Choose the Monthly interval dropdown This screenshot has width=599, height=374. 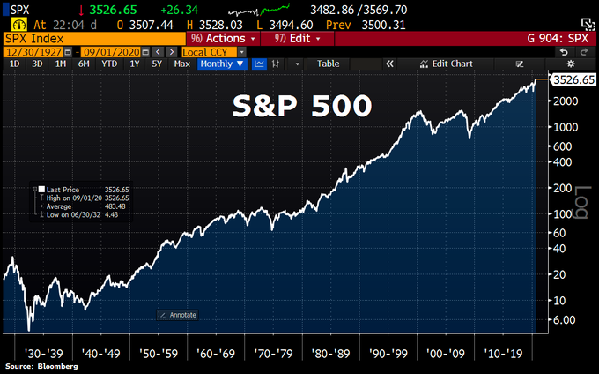tap(221, 64)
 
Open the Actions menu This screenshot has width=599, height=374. tap(225, 40)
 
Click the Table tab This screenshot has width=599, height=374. tap(328, 64)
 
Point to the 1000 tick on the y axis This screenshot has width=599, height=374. tap(564, 126)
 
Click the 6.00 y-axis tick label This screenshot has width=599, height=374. tap(564, 320)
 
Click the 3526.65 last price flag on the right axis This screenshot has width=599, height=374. tap(573, 80)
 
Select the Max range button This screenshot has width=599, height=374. tap(182, 64)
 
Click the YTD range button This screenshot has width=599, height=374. tap(109, 64)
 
